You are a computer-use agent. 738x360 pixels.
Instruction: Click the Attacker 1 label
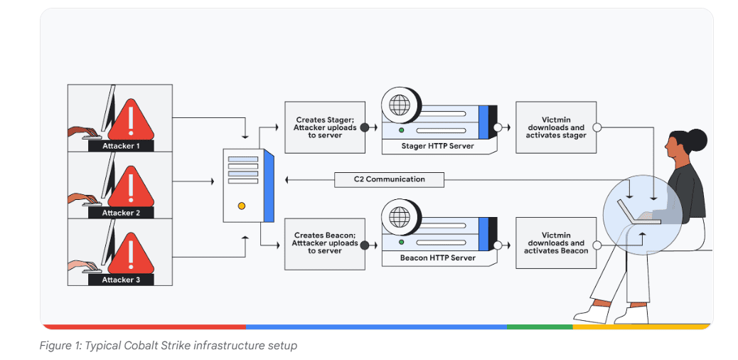pyautogui.click(x=121, y=146)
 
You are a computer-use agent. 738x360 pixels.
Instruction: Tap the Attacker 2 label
pyautogui.click(x=121, y=213)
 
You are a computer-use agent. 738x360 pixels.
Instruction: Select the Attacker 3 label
pyautogui.click(x=121, y=280)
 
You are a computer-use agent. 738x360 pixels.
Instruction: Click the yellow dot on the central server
pyautogui.click(x=242, y=206)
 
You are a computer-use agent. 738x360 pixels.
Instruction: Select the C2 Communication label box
pyautogui.click(x=389, y=179)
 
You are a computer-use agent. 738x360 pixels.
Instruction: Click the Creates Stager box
pyautogui.click(x=325, y=127)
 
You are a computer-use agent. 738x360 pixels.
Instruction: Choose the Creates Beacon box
pyautogui.click(x=325, y=243)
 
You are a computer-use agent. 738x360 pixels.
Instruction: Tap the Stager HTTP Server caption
pyautogui.click(x=437, y=146)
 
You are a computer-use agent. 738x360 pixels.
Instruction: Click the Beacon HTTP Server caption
pyautogui.click(x=438, y=258)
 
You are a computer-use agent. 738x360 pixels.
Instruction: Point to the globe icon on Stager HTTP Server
pyautogui.click(x=399, y=105)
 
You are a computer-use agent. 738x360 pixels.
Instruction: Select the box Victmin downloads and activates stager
pyautogui.click(x=556, y=127)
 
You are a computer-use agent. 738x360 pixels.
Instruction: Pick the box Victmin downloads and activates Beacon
pyautogui.click(x=556, y=243)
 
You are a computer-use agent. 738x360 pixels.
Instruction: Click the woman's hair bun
pyautogui.click(x=696, y=140)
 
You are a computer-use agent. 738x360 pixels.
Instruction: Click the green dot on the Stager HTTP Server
pyautogui.click(x=401, y=130)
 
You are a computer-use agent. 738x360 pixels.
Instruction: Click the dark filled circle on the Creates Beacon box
pyautogui.click(x=364, y=244)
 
